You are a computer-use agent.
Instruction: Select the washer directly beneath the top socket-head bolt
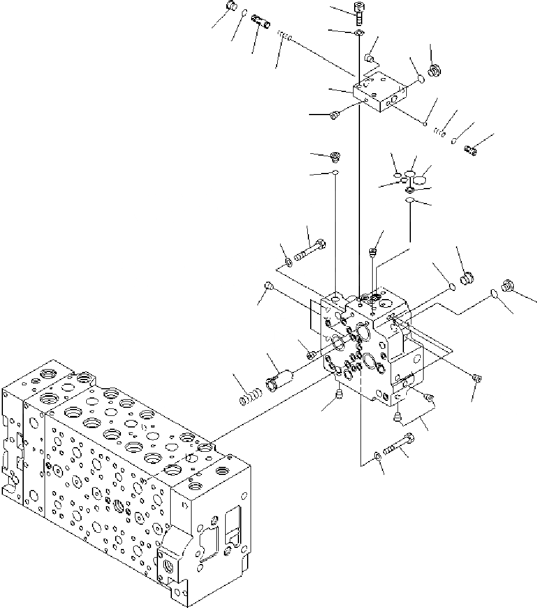[359, 33]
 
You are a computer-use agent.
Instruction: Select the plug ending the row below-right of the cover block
[470, 150]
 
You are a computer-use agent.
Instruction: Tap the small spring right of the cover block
[439, 132]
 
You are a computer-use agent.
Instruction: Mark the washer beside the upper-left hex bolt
[288, 263]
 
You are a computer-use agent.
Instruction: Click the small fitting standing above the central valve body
[373, 252]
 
